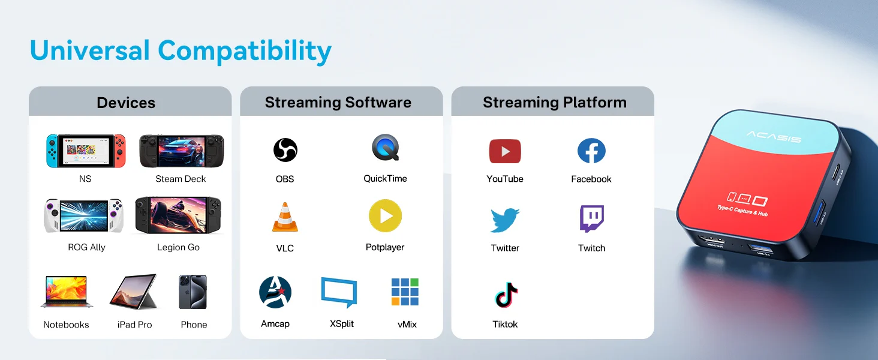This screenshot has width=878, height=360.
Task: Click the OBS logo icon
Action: click(x=285, y=150)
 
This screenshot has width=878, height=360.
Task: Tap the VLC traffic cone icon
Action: click(x=285, y=217)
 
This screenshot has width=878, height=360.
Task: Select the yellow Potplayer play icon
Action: click(x=385, y=215)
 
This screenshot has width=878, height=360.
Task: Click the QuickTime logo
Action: click(x=386, y=148)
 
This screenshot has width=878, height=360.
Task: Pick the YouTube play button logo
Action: click(x=505, y=151)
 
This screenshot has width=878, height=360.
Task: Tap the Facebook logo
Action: click(x=591, y=151)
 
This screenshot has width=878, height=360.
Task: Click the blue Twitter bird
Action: click(x=505, y=220)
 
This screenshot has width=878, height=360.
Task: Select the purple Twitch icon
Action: click(x=592, y=218)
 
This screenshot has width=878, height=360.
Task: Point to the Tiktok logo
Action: click(x=506, y=294)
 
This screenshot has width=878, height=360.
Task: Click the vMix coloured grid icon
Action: click(x=405, y=292)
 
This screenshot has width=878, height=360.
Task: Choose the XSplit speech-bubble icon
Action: click(x=339, y=292)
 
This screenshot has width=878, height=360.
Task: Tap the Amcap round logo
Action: click(x=275, y=292)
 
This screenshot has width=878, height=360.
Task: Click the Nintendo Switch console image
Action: click(x=86, y=151)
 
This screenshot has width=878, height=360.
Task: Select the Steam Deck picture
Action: click(x=182, y=151)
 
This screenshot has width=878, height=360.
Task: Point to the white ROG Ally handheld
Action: click(x=84, y=215)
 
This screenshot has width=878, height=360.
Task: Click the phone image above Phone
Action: click(x=193, y=292)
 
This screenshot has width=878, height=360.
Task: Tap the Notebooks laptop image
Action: click(x=67, y=292)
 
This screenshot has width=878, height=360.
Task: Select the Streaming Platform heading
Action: click(x=555, y=103)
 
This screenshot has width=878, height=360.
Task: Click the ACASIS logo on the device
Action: click(x=774, y=137)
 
